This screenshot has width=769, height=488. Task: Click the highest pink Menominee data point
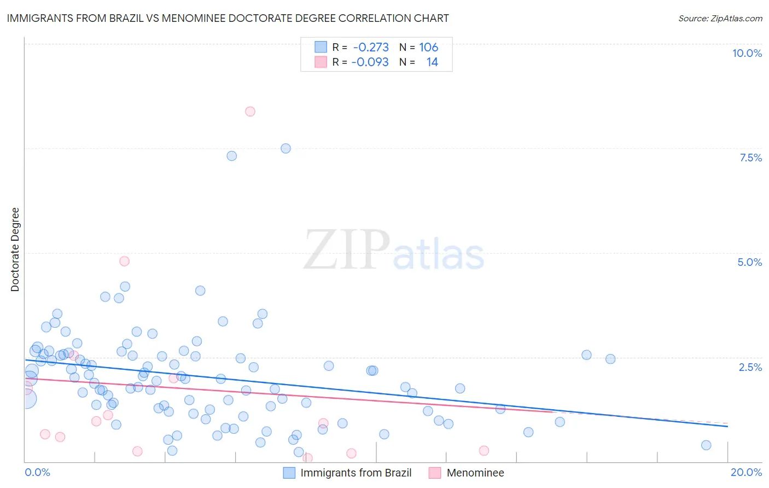tap(250, 112)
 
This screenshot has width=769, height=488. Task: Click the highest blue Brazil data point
tap(286, 148)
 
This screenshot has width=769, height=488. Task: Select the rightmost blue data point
tap(706, 445)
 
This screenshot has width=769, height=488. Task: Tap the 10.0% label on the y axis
tap(747, 53)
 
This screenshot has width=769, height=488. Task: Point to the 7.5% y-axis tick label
tap(750, 158)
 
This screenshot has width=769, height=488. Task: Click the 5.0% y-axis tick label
tap(749, 262)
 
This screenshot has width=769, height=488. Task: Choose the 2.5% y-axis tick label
tap(750, 367)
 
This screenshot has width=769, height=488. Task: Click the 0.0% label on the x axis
tap(37, 472)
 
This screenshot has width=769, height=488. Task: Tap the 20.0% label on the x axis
tap(746, 472)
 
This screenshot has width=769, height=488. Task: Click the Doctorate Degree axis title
tap(15, 249)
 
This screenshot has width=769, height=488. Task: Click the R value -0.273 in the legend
tap(371, 48)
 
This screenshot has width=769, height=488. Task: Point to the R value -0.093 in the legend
tap(370, 62)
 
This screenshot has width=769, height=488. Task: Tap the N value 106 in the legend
tap(429, 48)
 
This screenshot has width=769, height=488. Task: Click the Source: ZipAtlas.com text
tap(720, 19)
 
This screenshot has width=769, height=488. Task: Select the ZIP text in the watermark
tap(347, 250)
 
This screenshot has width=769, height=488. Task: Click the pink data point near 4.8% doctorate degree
tap(124, 262)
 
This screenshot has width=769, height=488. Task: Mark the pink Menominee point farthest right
tap(483, 451)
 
